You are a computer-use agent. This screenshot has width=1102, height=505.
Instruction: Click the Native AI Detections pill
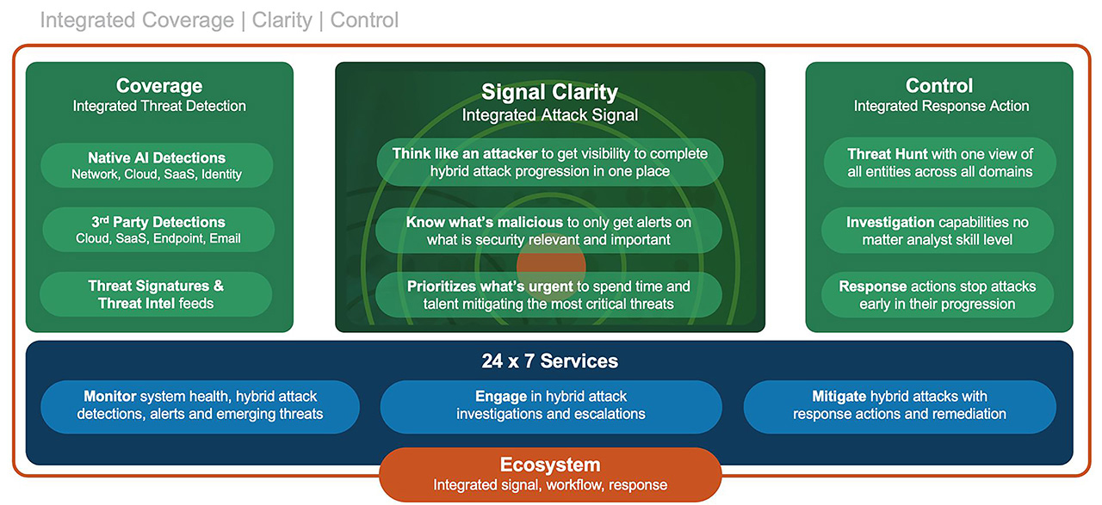(x=157, y=165)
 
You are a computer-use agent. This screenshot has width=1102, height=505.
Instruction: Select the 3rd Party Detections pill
(x=158, y=230)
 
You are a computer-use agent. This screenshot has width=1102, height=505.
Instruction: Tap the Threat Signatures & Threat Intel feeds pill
(x=156, y=294)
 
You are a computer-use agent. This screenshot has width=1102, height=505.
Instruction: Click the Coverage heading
(x=159, y=85)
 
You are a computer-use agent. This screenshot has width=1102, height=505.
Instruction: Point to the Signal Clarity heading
(x=549, y=92)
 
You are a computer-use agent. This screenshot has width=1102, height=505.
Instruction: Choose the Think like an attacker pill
(x=550, y=163)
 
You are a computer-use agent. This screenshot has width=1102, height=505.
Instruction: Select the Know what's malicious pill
(x=548, y=231)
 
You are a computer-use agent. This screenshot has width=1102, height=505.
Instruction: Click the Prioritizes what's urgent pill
(x=548, y=294)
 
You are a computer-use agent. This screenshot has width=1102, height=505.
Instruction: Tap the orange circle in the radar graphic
(x=551, y=266)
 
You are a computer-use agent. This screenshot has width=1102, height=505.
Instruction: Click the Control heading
(x=939, y=85)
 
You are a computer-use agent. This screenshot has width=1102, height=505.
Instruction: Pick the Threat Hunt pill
(x=939, y=163)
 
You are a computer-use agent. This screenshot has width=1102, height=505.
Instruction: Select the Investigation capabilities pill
(x=938, y=231)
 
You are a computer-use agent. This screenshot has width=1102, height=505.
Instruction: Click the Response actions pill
(x=938, y=294)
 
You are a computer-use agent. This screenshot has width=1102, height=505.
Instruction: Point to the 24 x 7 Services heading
(x=549, y=361)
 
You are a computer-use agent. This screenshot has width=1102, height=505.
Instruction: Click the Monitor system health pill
(x=201, y=407)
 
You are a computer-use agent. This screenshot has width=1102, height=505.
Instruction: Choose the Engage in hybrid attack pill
(x=551, y=407)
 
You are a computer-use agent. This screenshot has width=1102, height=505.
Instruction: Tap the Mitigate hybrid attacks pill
(x=900, y=407)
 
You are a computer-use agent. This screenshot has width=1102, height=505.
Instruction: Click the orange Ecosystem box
(x=550, y=475)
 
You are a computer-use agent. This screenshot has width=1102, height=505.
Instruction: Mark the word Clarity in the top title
(x=282, y=20)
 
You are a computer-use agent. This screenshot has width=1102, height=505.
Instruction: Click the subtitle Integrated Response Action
(x=941, y=106)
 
